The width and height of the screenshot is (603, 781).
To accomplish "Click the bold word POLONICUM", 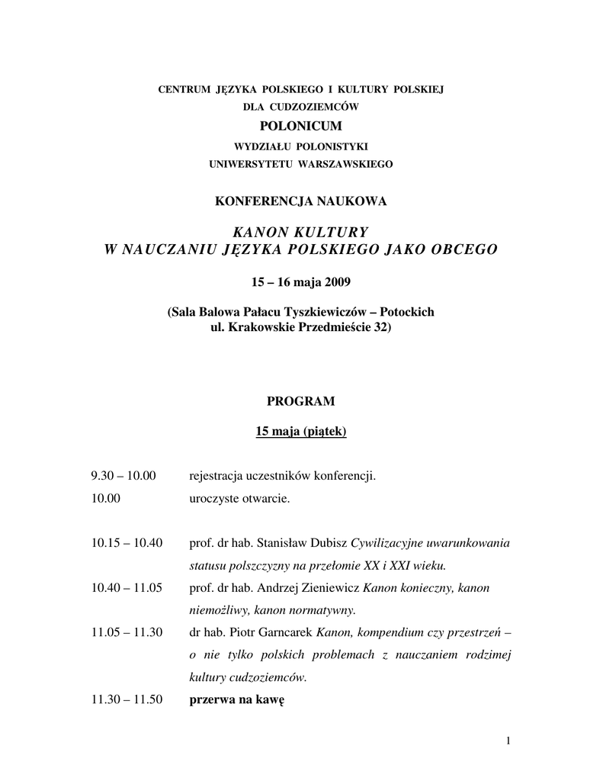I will point(301,125).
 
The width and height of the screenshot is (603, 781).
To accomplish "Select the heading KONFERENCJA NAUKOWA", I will point(301,201).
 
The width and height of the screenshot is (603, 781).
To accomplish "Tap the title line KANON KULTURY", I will point(301,232).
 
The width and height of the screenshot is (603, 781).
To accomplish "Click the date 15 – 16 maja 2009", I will point(301,283).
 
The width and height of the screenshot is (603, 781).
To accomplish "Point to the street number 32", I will point(377,327).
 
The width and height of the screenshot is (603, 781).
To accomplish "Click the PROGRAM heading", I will point(300,401).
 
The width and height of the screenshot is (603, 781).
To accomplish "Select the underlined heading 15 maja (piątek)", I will point(301,432).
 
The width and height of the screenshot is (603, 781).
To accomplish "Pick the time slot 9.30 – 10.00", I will point(123,476).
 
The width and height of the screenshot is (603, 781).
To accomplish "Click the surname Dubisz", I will point(326,543).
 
